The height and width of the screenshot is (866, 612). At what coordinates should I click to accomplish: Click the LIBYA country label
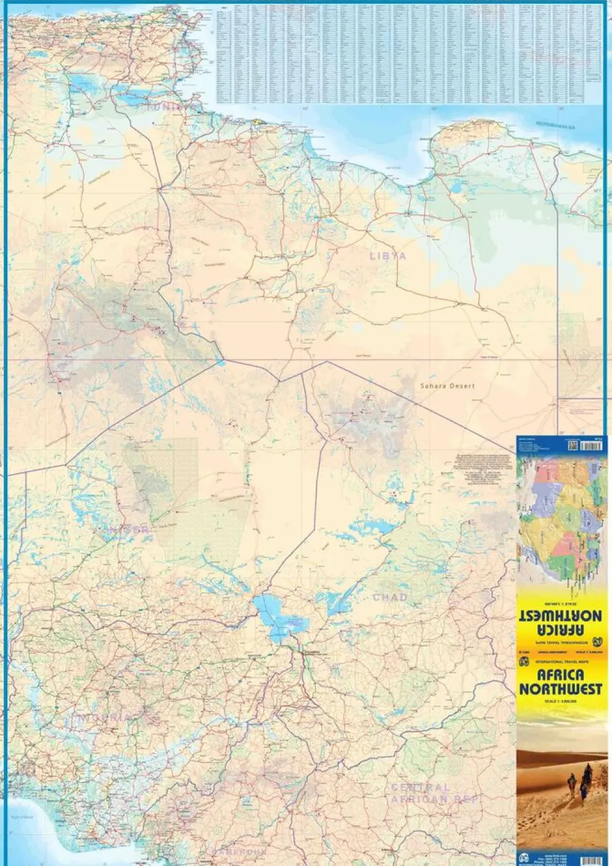pos(388,256)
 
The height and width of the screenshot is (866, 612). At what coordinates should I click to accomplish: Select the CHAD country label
pos(390,597)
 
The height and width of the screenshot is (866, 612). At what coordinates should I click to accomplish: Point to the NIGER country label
pos(122,530)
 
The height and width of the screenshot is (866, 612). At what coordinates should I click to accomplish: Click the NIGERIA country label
pos(102,717)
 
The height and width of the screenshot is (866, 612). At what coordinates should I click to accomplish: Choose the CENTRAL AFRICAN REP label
pos(435,794)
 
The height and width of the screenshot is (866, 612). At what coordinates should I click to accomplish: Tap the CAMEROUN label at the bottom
pos(240,852)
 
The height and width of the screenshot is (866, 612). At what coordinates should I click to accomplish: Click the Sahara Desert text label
pos(447,386)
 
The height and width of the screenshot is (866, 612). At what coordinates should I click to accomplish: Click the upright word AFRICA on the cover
pos(560,675)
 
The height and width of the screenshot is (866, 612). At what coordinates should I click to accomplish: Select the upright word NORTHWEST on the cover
pos(560,689)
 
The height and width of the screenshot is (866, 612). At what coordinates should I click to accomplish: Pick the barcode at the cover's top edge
pos(591,445)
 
